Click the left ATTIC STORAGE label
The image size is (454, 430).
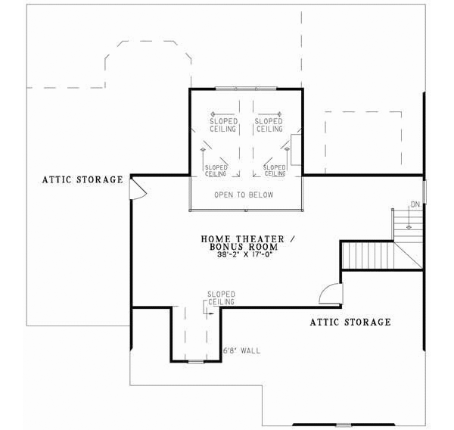click(x=82, y=180)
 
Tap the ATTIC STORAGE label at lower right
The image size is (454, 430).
click(x=350, y=322)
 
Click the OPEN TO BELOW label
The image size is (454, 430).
click(x=244, y=195)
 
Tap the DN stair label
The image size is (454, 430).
click(x=414, y=204)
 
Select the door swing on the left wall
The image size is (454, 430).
click(x=138, y=189)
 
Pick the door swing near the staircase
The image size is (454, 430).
click(x=331, y=293)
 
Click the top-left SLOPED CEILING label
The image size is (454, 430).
click(x=224, y=125)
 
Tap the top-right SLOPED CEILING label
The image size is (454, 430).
click(x=268, y=125)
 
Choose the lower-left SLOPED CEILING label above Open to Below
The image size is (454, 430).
click(x=216, y=170)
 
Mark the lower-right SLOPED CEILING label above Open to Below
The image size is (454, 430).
click(x=274, y=170)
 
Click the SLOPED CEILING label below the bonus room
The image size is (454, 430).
click(x=221, y=298)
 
